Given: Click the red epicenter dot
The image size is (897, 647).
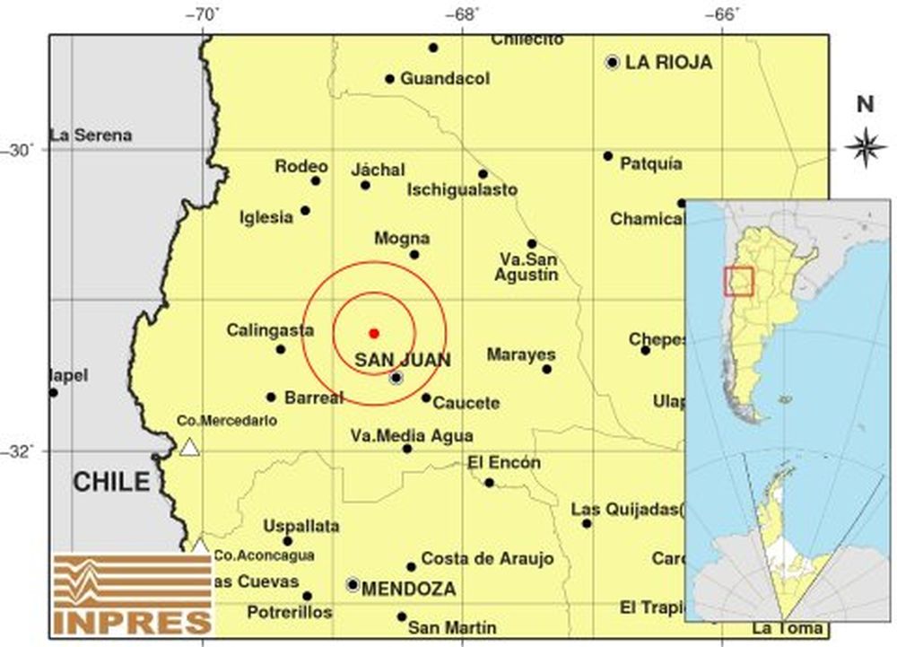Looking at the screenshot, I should [x=374, y=333].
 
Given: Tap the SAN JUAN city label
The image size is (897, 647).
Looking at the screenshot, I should [x=403, y=360].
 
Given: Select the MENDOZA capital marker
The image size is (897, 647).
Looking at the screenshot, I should [x=353, y=584].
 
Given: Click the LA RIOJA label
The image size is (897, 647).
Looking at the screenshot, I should [x=668, y=62].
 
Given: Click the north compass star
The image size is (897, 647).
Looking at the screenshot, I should [x=866, y=147].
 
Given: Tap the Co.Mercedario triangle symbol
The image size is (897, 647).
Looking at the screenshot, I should [x=189, y=447].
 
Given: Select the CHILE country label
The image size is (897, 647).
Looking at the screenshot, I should [x=111, y=482].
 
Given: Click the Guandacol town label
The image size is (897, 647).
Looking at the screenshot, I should [x=445, y=79].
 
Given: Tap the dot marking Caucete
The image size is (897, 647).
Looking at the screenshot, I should [x=426, y=398].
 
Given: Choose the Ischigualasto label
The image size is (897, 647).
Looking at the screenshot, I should [x=462, y=190].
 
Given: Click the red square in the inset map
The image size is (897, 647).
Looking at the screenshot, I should [x=738, y=281].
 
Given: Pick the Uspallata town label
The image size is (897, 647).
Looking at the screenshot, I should [x=301, y=526].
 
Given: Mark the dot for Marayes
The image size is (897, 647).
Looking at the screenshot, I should [x=546, y=369].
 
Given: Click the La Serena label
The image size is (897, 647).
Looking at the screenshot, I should [x=91, y=136].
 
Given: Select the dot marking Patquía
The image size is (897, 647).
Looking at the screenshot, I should [x=607, y=156].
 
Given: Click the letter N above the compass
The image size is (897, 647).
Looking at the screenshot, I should [x=865, y=104].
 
